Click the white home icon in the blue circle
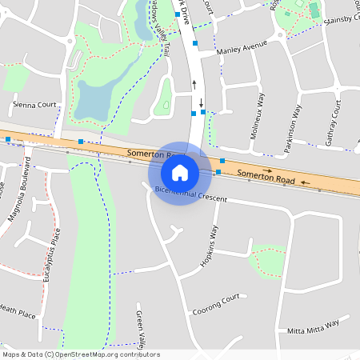click(x=180, y=172)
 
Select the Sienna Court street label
click(x=34, y=104)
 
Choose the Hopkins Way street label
click(x=208, y=247)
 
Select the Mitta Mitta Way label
click(x=313, y=326)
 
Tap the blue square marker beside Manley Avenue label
click(x=194, y=43)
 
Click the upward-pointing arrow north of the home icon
click(x=193, y=83)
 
